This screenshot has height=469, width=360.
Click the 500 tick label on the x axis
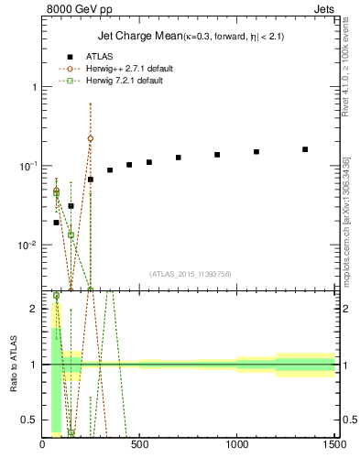pyautogui.click(x=139, y=446)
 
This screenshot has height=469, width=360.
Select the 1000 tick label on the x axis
pyautogui.click(x=236, y=446)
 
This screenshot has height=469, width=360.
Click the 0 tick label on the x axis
pyautogui.click(x=43, y=446)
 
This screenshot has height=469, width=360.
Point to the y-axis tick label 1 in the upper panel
pyautogui.click(x=33, y=87)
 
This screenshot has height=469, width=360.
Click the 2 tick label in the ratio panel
pyautogui.click(x=33, y=309)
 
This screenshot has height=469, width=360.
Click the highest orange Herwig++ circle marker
pyautogui.click(x=90, y=138)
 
